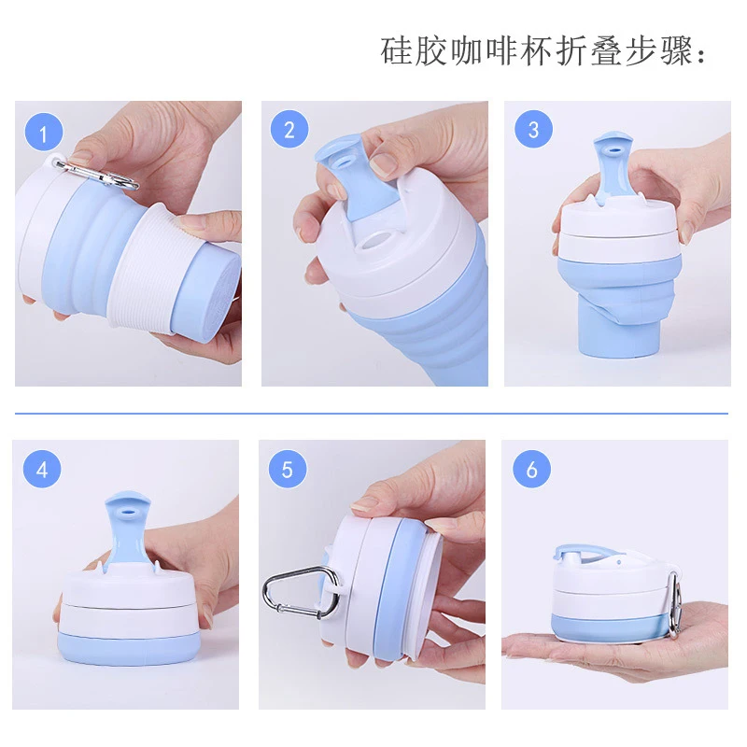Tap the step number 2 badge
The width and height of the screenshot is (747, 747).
click(x=289, y=130)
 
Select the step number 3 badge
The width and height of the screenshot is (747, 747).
click(x=533, y=130)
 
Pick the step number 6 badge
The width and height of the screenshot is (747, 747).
click(x=531, y=469)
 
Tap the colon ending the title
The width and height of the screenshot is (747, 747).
click(x=703, y=54)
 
